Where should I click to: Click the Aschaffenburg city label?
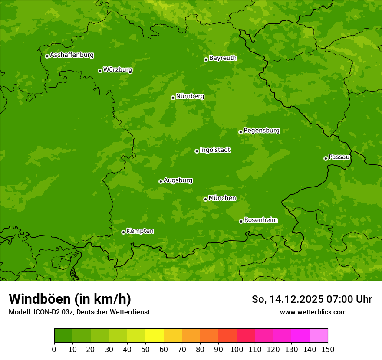[x=72, y=55]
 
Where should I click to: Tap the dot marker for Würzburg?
[x=100, y=71]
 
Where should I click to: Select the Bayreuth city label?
[x=223, y=58]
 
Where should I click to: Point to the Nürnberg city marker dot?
[x=173, y=98]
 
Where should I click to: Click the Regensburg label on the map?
[x=261, y=130]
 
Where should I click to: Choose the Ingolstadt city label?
[x=215, y=150]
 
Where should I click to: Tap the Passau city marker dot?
[x=326, y=158]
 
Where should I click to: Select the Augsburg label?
[x=178, y=180]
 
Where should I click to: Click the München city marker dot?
[x=205, y=199]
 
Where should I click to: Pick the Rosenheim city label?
[x=260, y=220]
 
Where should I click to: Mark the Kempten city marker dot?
[x=123, y=232]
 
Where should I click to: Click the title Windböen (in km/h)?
[x=70, y=299]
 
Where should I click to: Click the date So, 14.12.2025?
[x=287, y=299]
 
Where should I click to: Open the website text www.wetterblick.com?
[x=313, y=312]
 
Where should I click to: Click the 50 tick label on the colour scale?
[x=145, y=350]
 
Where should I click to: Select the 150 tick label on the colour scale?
[x=328, y=350]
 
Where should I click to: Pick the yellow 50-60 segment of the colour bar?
[x=155, y=336]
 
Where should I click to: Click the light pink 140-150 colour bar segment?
[x=319, y=336]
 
